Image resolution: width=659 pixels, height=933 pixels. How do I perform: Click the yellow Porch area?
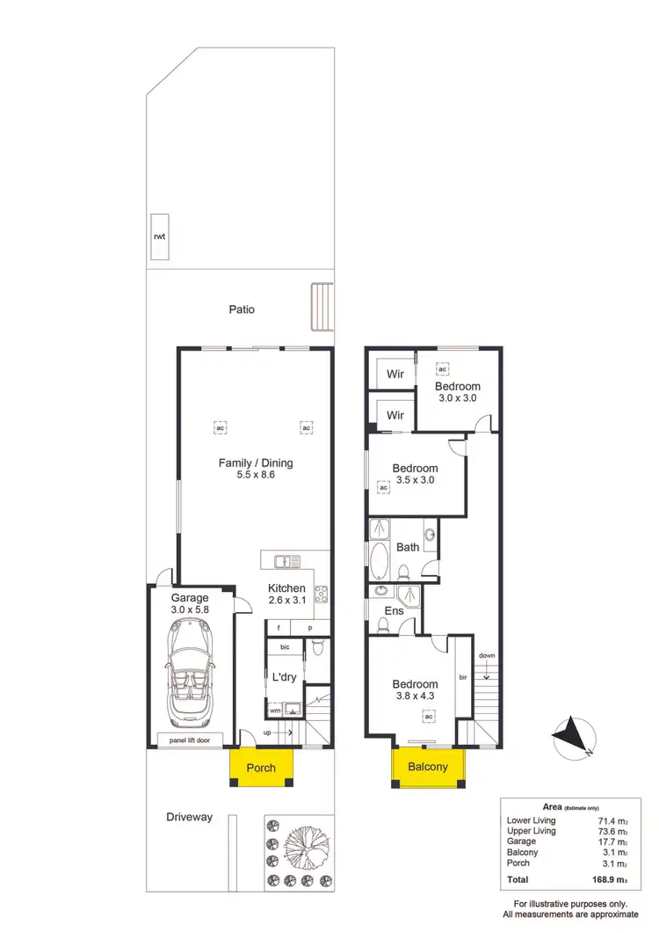point(261,767)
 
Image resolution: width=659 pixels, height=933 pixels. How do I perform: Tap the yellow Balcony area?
point(427,767)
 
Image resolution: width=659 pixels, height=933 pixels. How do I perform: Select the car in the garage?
point(190,674)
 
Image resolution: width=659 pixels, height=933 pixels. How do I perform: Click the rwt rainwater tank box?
point(160,237)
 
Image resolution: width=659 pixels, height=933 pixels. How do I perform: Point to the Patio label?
point(242,310)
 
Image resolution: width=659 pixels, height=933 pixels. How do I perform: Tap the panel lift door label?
point(190,740)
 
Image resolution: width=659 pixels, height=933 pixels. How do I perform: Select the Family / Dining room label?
point(256,463)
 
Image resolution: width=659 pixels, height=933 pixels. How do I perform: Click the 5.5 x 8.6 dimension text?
point(256,475)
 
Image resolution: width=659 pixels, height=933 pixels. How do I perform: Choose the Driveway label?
point(190,817)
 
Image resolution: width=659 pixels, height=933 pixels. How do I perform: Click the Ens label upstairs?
point(393,611)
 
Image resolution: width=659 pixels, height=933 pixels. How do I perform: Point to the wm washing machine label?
point(275,710)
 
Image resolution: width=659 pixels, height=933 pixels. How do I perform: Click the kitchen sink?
point(286,560)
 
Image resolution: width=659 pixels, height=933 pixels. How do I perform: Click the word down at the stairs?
point(487,656)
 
